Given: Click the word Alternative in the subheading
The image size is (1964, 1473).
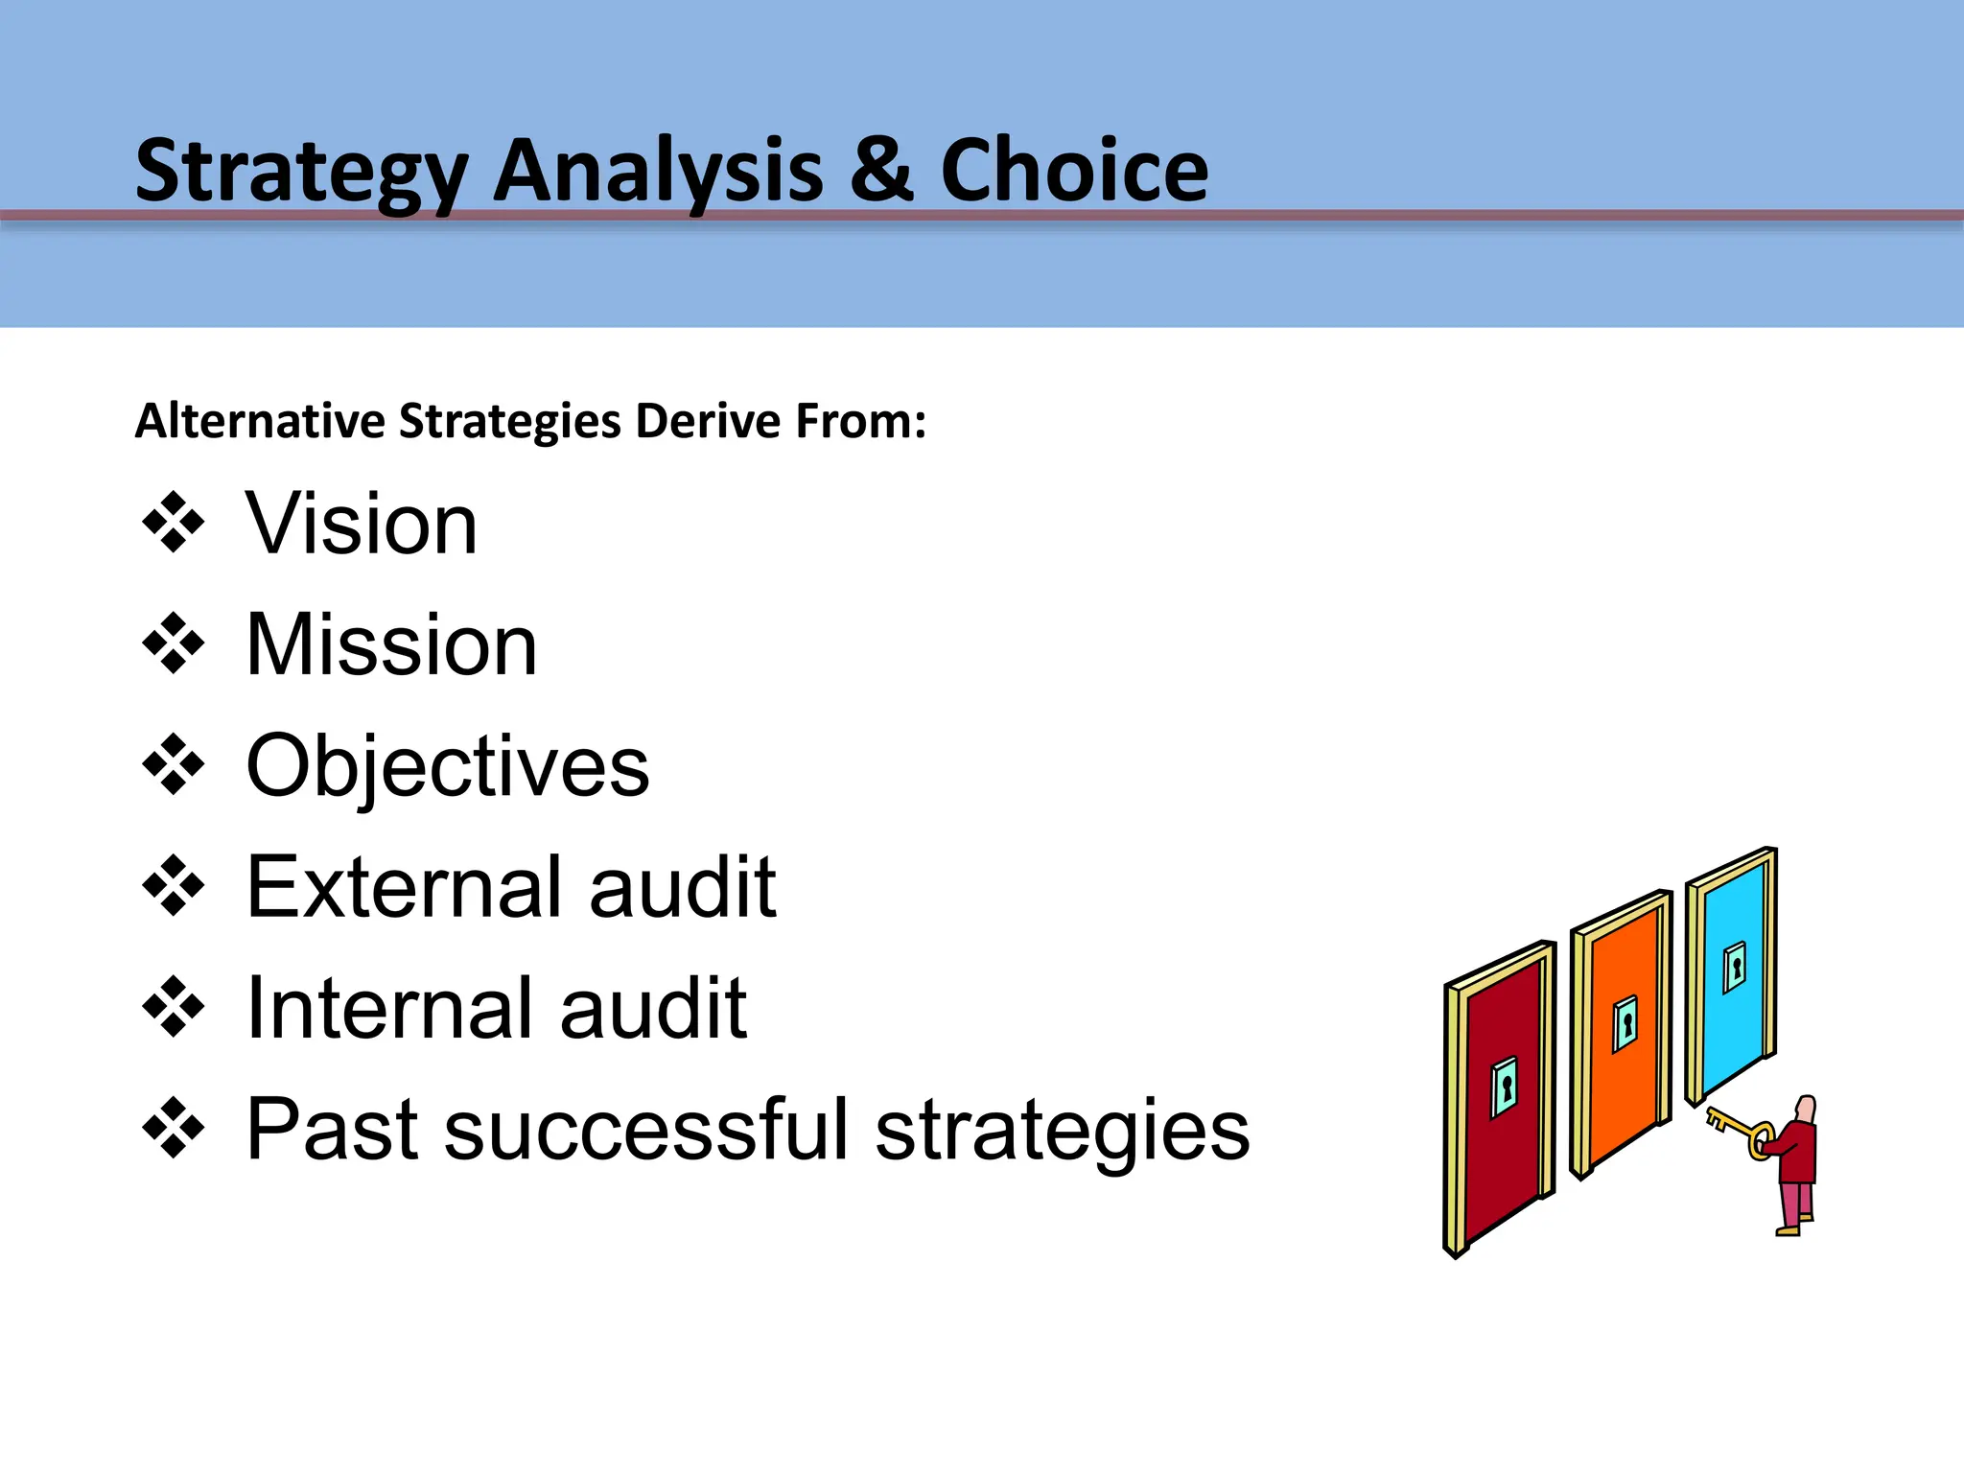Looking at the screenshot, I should coord(259,421).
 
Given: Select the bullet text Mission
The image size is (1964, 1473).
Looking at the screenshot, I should coord(391,644).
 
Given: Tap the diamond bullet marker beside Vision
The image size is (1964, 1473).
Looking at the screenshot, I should coord(174,523).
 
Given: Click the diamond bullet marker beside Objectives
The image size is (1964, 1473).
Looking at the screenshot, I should coord(174,764).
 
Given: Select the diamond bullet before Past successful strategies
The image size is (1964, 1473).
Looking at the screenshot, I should coord(174,1128).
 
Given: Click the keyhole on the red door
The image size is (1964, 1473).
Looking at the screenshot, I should coord(1506,1087).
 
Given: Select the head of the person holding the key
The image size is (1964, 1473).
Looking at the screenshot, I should coord(1805,1110).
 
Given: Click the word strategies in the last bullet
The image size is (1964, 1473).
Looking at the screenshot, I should coord(1063,1129).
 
